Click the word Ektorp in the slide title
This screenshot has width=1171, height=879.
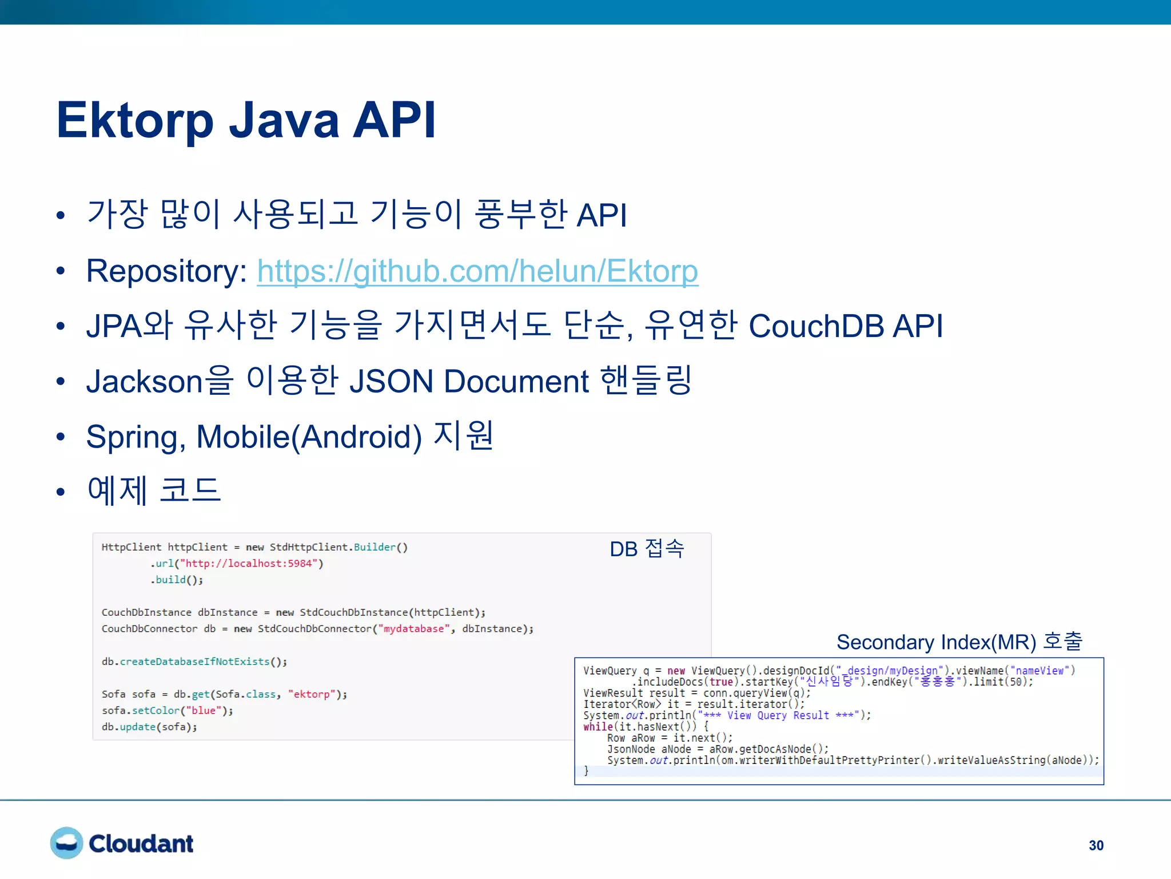pyautogui.click(x=135, y=121)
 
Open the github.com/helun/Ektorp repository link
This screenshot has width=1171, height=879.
pyautogui.click(x=477, y=271)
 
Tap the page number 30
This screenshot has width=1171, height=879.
pyautogui.click(x=1096, y=845)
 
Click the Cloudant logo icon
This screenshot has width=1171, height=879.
pyautogui.click(x=66, y=843)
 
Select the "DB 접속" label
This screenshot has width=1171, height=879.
pyautogui.click(x=647, y=549)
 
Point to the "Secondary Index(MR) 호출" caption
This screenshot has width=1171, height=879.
pyautogui.click(x=959, y=642)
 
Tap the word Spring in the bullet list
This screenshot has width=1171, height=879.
pyautogui.click(x=133, y=437)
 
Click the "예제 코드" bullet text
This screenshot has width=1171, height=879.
pyautogui.click(x=154, y=490)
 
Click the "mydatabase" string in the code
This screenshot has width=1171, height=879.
pyautogui.click(x=413, y=629)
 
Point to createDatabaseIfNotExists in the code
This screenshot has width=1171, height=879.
pyautogui.click(x=194, y=662)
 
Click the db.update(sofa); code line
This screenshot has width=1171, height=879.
pyautogui.click(x=149, y=727)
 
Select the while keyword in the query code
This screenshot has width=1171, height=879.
pyautogui.click(x=598, y=727)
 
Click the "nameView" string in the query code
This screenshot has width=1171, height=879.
pyautogui.click(x=1039, y=671)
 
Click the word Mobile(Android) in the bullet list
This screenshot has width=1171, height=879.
pyautogui.click(x=309, y=437)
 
